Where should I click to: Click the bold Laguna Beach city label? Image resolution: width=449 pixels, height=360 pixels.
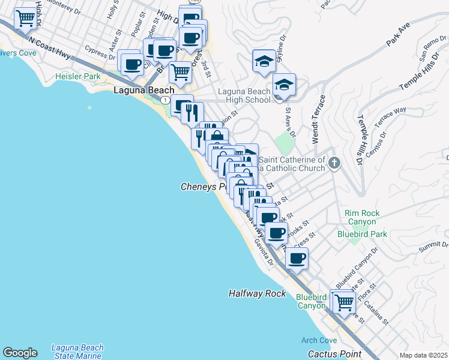pyautogui.click(x=144, y=90)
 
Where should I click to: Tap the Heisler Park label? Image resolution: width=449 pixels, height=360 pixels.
pyautogui.click(x=77, y=77)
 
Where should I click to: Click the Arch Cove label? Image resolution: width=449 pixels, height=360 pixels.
pyautogui.click(x=319, y=340)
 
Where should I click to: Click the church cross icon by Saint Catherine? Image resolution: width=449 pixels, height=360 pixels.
pyautogui.click(x=335, y=163)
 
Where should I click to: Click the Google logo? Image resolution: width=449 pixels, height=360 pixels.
pyautogui.click(x=20, y=353)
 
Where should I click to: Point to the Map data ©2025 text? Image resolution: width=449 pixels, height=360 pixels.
pyautogui.click(x=423, y=355)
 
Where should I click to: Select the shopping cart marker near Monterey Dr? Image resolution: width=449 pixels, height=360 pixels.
pyautogui.click(x=25, y=19)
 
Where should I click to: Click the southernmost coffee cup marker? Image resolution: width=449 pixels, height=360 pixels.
pyautogui.click(x=297, y=258)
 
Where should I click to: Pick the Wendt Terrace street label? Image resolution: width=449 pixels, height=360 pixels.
pyautogui.click(x=318, y=119)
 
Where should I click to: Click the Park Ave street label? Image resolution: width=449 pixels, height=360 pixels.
pyautogui.click(x=397, y=40)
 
